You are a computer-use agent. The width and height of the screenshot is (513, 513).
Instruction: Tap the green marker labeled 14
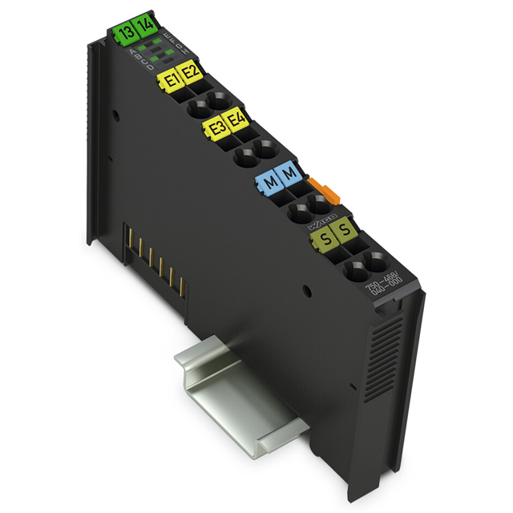point(145,26)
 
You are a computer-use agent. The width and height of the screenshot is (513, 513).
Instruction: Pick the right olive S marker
point(345,232)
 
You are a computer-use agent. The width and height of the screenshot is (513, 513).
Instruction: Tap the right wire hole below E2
point(216,101)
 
